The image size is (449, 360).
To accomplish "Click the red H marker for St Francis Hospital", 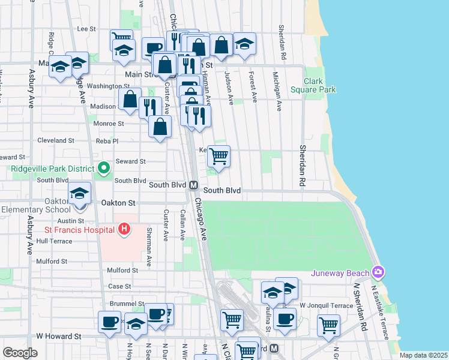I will pyautogui.click(x=124, y=229).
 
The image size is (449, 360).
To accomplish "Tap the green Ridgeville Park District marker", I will pyautogui.click(x=103, y=168).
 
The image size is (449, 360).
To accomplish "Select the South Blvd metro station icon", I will pyautogui.click(x=194, y=185).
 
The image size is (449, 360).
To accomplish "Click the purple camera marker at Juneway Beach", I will pyautogui.click(x=378, y=274).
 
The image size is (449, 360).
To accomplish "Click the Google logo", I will pyautogui.click(x=20, y=353).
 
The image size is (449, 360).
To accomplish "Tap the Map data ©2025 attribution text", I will pyautogui.click(x=423, y=355).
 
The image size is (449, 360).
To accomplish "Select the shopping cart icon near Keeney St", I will pyautogui.click(x=219, y=156).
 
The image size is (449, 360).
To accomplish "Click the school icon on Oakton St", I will pyautogui.click(x=79, y=194).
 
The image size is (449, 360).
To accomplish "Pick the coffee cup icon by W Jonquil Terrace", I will pyautogui.click(x=285, y=319).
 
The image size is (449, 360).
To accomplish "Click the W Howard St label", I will pyautogui.click(x=58, y=337).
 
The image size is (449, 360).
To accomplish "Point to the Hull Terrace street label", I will pyautogui.click(x=54, y=241).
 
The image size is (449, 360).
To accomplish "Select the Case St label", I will pyautogui.click(x=119, y=286).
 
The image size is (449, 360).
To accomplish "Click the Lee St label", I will pyautogui.click(x=86, y=28).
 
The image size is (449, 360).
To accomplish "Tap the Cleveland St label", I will pyautogui.click(x=55, y=140).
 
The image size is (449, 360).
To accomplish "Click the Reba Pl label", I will pyautogui.click(x=107, y=141).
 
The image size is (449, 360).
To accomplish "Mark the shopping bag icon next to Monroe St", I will pyautogui.click(x=160, y=127).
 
